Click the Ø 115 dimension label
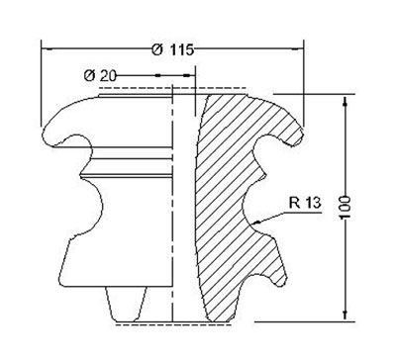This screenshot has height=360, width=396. click(172, 49)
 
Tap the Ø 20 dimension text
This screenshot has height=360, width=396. click(100, 76)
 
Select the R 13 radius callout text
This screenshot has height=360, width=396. click(305, 203)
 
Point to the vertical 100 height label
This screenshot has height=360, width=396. click(345, 207)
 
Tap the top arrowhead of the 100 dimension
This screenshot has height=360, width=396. click(346, 101)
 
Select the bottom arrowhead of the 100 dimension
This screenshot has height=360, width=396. click(346, 315)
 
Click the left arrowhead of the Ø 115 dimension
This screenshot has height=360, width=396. click(47, 49)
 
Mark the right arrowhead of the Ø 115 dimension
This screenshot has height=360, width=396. click(298, 49)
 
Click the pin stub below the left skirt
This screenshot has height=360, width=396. click(126, 305)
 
